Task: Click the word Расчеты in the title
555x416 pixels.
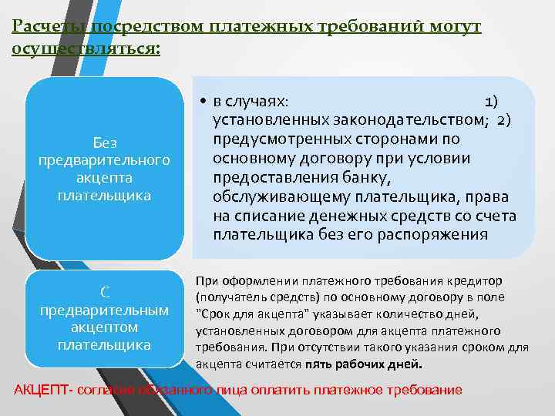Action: click(47, 27)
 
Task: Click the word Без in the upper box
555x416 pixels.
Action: click(104, 143)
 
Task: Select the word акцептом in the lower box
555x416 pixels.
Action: click(104, 327)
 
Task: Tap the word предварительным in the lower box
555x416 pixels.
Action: click(104, 310)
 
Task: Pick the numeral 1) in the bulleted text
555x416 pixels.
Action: click(490, 102)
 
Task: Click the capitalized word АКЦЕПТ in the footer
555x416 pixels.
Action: click(39, 389)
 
